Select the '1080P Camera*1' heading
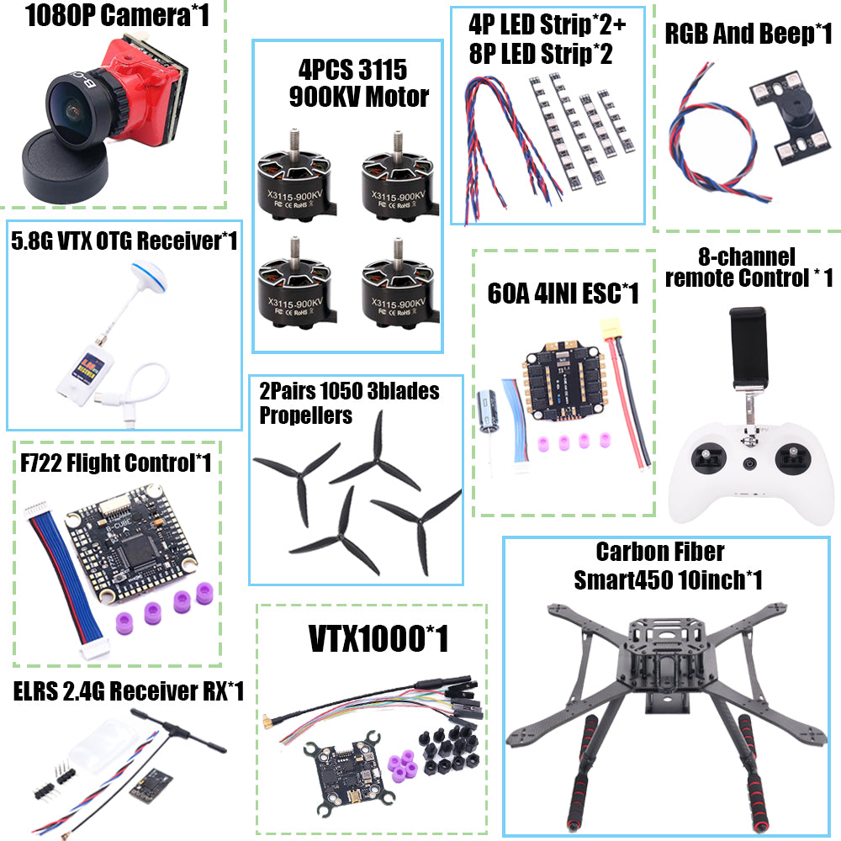click(118, 16)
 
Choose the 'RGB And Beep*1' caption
click(748, 34)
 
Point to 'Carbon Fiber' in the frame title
click(659, 553)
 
